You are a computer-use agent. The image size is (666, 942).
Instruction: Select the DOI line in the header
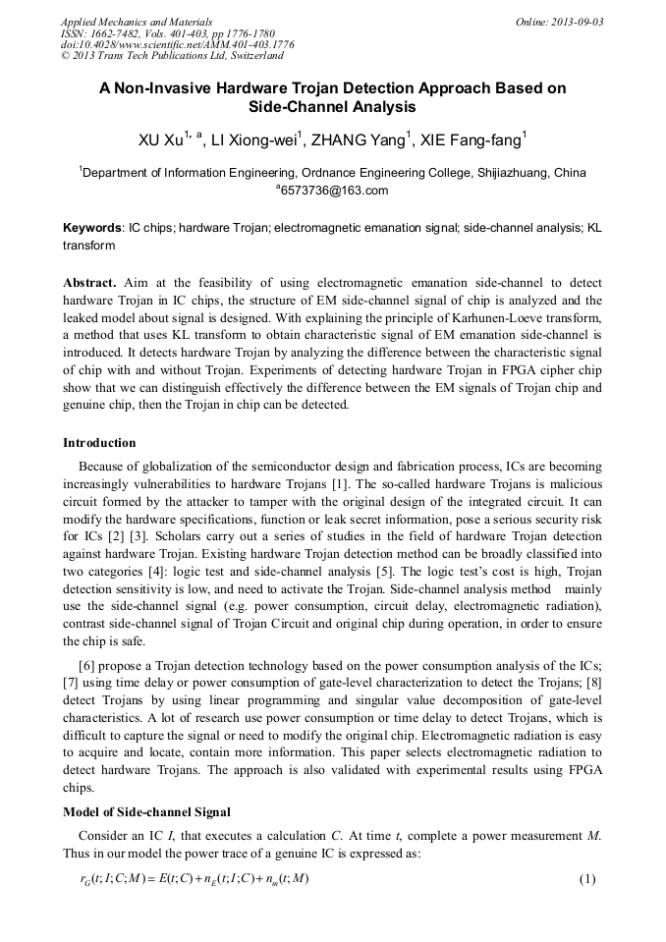tap(177, 44)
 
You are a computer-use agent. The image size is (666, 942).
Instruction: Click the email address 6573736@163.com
tap(334, 191)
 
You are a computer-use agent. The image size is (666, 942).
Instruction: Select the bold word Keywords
tap(92, 227)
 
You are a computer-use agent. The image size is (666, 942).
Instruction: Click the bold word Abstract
tap(90, 282)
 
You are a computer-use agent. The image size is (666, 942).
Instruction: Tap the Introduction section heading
tap(99, 443)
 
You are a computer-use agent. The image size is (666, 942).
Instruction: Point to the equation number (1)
tap(587, 878)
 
